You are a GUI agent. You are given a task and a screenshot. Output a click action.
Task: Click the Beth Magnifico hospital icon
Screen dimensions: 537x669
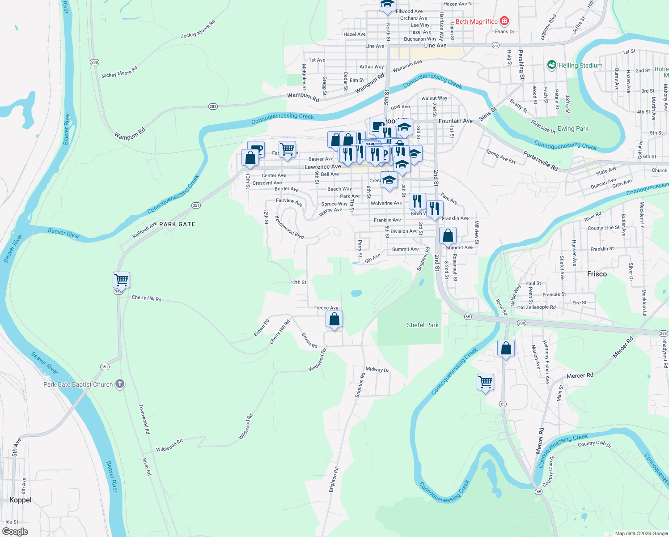pos(504,21)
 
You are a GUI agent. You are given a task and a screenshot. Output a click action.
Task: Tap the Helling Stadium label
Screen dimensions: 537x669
pos(580,65)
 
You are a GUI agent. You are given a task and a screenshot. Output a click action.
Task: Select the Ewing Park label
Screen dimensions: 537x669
pos(573,129)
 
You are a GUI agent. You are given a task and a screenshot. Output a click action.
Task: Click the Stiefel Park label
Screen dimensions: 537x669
pos(423,325)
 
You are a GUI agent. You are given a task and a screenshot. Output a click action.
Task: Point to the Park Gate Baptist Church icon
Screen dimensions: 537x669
pos(120,384)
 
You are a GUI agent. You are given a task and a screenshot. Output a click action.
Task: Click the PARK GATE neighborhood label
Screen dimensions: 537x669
pos(177,224)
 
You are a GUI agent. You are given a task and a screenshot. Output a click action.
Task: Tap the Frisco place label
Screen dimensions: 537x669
pos(597,274)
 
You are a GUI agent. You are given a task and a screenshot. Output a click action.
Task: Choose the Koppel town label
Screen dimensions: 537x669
pos(21,500)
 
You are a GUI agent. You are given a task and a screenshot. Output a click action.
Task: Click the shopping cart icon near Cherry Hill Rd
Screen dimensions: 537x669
pos(121,280)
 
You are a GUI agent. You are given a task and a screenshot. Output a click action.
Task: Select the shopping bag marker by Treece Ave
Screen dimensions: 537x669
pos(334,320)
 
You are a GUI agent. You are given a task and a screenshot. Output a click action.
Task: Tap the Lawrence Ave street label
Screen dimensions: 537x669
pos(322,167)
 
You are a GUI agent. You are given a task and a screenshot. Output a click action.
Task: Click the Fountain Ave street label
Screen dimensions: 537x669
pos(455,121)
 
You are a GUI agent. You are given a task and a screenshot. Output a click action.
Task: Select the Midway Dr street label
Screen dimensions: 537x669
pos(377,369)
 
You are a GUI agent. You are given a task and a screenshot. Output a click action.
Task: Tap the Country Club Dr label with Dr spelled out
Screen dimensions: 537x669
pos(594,444)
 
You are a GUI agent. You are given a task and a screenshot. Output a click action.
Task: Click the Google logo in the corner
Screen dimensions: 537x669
pos(15,531)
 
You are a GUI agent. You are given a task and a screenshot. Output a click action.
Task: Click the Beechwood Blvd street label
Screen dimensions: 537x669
pos(289,227)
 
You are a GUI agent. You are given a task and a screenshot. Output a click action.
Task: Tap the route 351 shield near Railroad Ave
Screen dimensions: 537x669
pos(196,205)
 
